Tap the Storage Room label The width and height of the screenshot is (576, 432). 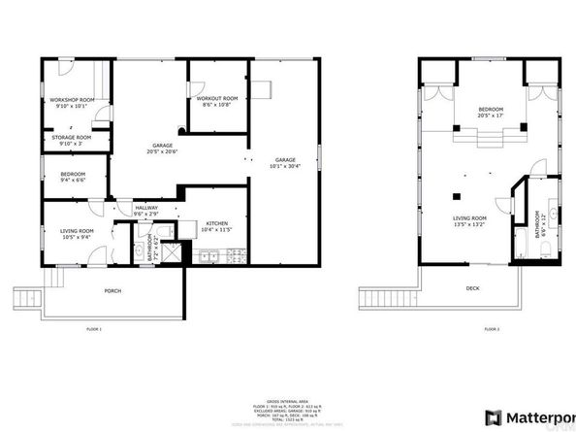pyautogui.click(x=71, y=137)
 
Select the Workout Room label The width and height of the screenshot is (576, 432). pyautogui.click(x=216, y=98)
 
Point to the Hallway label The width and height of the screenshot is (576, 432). pyautogui.click(x=146, y=207)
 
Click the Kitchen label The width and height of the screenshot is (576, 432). pyautogui.click(x=216, y=223)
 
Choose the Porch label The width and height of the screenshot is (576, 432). pyautogui.click(x=113, y=290)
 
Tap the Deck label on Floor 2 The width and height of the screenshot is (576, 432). pyautogui.click(x=472, y=288)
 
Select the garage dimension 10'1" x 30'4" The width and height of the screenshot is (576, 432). pyautogui.click(x=284, y=165)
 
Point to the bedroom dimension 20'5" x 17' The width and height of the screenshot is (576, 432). pyautogui.click(x=491, y=116)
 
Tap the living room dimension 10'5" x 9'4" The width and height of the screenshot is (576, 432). pyautogui.click(x=76, y=236)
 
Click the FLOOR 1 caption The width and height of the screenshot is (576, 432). pyautogui.click(x=94, y=330)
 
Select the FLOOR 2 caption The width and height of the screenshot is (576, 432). pyautogui.click(x=492, y=329)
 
